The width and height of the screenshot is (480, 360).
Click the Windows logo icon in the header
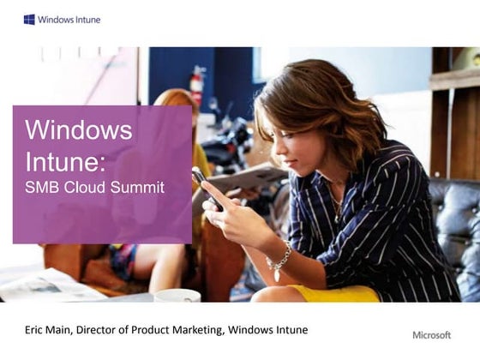(x=29, y=19)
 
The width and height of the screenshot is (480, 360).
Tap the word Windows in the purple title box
(x=79, y=130)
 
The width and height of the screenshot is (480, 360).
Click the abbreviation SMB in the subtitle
(x=40, y=188)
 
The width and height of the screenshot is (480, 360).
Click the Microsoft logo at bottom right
(x=431, y=334)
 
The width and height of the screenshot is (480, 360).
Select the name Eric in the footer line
(x=35, y=330)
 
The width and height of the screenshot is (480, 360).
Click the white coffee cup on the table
(x=177, y=296)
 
